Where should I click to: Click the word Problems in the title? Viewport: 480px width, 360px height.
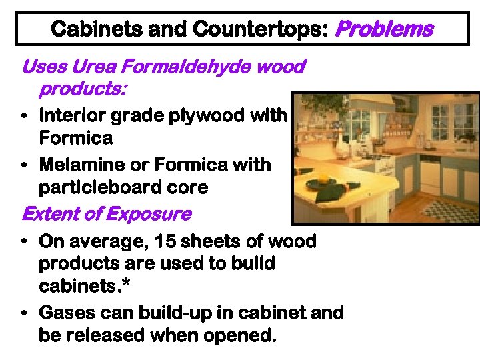click(385, 29)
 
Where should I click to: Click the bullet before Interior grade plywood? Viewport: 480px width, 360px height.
click(24, 117)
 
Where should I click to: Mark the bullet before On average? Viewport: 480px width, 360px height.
click(24, 241)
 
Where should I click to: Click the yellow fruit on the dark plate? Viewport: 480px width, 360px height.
click(324, 179)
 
